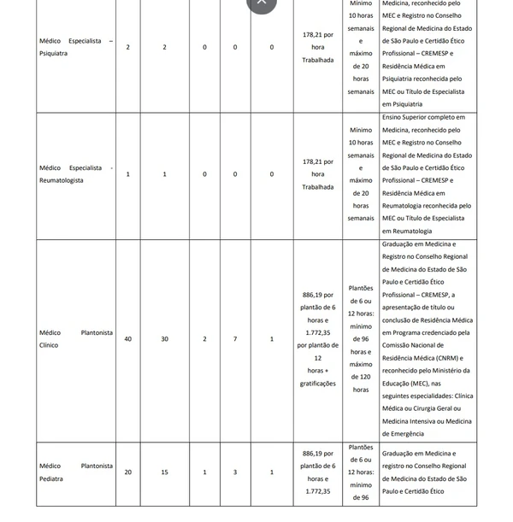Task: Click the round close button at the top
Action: coord(262,3)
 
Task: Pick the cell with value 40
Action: coord(128,339)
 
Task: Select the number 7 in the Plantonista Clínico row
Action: coord(235,339)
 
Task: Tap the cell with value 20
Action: coord(128,472)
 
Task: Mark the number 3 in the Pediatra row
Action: coord(235,472)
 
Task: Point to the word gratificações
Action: coord(317,384)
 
